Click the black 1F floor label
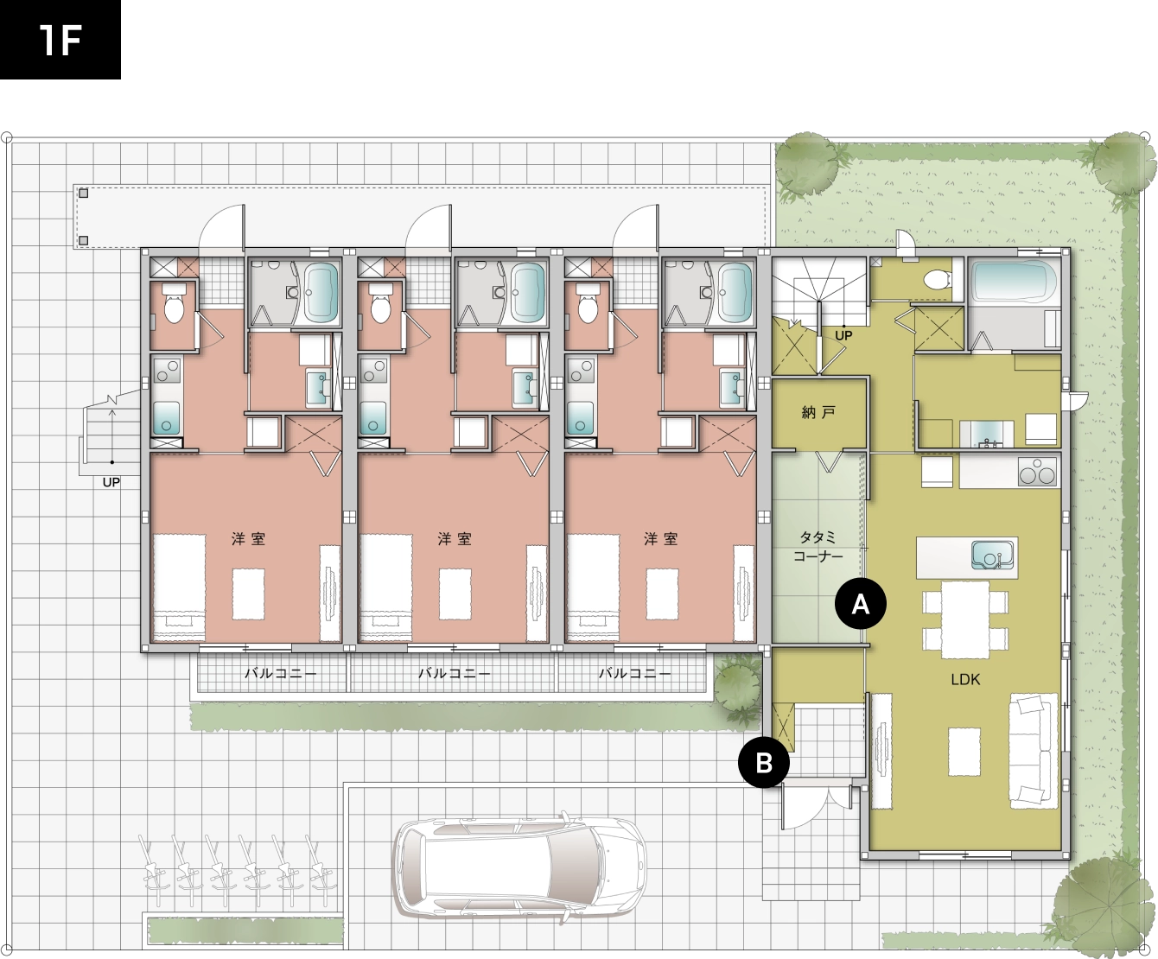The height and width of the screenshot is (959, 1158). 60,40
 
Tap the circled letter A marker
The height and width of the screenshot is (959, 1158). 861,603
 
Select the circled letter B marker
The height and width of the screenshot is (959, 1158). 764,763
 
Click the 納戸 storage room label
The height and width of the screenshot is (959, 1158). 818,412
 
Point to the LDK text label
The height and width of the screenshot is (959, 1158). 965,679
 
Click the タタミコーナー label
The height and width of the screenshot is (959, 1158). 818,546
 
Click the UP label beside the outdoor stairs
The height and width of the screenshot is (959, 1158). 111,483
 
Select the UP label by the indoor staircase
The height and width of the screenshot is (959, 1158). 843,335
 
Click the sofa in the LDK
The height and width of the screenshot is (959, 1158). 1030,751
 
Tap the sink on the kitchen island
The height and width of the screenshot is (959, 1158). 992,556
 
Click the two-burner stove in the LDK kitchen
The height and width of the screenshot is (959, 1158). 1037,472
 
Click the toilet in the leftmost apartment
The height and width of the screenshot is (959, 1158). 174,304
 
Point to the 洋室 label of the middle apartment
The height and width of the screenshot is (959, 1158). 455,538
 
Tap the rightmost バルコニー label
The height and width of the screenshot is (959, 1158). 634,673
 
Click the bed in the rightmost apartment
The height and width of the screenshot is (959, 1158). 593,587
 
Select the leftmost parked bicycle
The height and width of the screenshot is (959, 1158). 152,867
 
